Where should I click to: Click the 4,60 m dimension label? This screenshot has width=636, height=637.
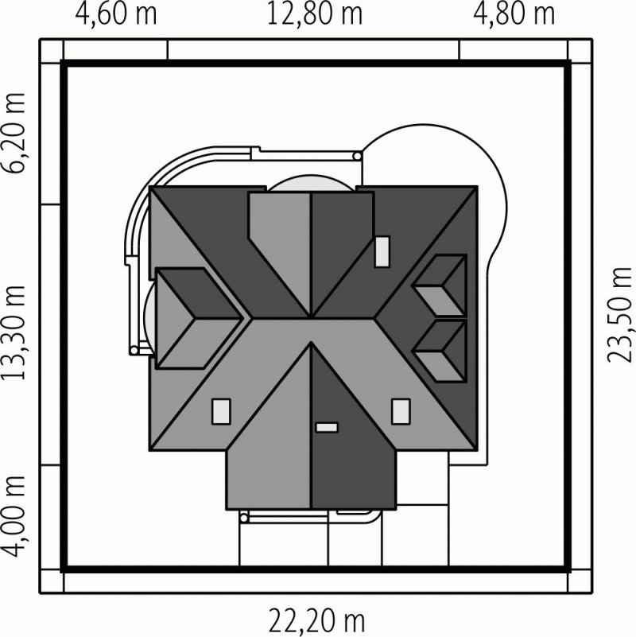point(116,14)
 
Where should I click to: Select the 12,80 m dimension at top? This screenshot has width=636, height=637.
point(314,14)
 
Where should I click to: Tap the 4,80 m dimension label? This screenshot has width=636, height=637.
point(514,14)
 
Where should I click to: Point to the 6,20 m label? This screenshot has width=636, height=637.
point(14,134)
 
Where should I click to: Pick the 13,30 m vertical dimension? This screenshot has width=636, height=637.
point(14,332)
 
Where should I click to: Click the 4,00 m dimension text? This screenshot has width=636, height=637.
point(14,516)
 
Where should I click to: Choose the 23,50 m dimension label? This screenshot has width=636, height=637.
point(620,315)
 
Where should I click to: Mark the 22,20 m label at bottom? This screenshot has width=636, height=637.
point(316,621)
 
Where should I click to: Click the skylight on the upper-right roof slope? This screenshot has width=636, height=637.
point(382,252)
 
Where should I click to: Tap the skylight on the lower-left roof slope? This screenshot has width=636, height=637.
point(221,411)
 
